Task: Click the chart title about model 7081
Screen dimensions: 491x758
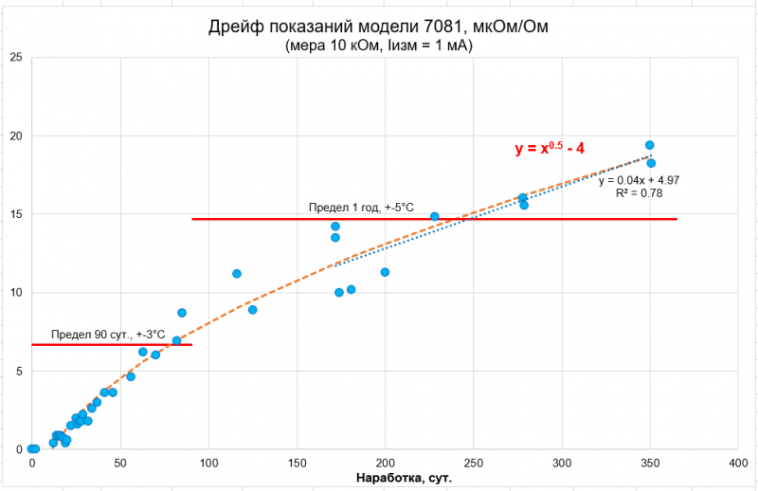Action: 378,26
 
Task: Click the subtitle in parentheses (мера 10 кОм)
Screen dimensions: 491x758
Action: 378,45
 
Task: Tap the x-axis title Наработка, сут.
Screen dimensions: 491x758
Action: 403,478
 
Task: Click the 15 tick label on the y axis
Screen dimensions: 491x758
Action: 16,214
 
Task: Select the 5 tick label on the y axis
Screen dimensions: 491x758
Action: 19,371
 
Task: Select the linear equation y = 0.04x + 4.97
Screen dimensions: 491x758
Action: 639,179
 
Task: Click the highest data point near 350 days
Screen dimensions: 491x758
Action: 650,145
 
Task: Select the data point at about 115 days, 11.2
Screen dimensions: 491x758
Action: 237,274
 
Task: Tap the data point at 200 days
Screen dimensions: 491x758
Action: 385,272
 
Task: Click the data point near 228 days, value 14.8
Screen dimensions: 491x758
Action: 435,216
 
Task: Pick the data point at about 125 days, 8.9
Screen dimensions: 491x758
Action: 252,310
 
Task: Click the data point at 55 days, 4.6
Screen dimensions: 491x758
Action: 131,376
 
